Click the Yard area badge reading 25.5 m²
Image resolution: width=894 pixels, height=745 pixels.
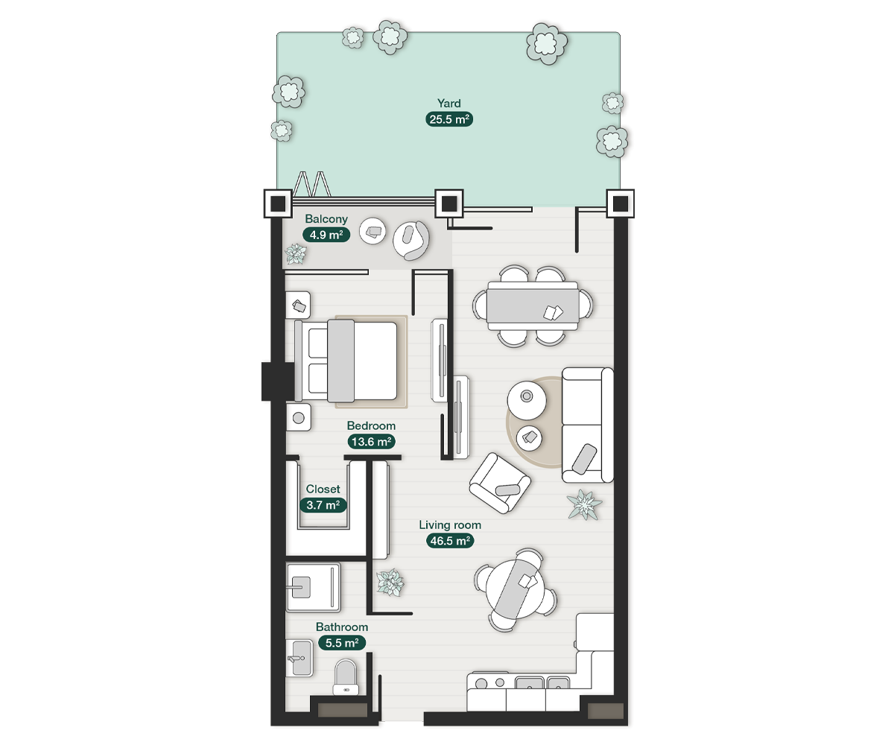pos(449,119)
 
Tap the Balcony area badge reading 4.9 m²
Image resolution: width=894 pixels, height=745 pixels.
pos(326,235)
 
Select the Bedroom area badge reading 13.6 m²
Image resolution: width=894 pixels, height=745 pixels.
pos(371,442)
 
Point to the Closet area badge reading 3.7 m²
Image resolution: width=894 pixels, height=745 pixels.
pos(323,505)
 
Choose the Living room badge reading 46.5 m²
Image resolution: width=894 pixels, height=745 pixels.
pos(450,541)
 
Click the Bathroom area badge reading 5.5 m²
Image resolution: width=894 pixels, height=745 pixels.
pos(342,643)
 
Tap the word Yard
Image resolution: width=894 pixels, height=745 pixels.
pos(449,104)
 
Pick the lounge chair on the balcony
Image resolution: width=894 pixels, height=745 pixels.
pos(411,240)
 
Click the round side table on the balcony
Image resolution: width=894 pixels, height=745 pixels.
pos(372,231)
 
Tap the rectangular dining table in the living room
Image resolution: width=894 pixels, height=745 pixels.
pos(533,305)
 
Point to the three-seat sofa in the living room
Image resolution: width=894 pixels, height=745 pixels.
pos(588,425)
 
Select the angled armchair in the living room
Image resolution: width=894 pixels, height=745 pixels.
pos(500,484)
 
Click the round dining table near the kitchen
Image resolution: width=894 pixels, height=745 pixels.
pos(516,589)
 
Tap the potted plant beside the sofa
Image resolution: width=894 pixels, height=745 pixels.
pos(584,504)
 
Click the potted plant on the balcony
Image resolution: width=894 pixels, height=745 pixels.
pos(296,254)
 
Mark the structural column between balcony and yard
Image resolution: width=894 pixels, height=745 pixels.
pos(449,203)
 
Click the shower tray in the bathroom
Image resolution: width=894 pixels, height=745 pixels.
pos(314,587)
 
